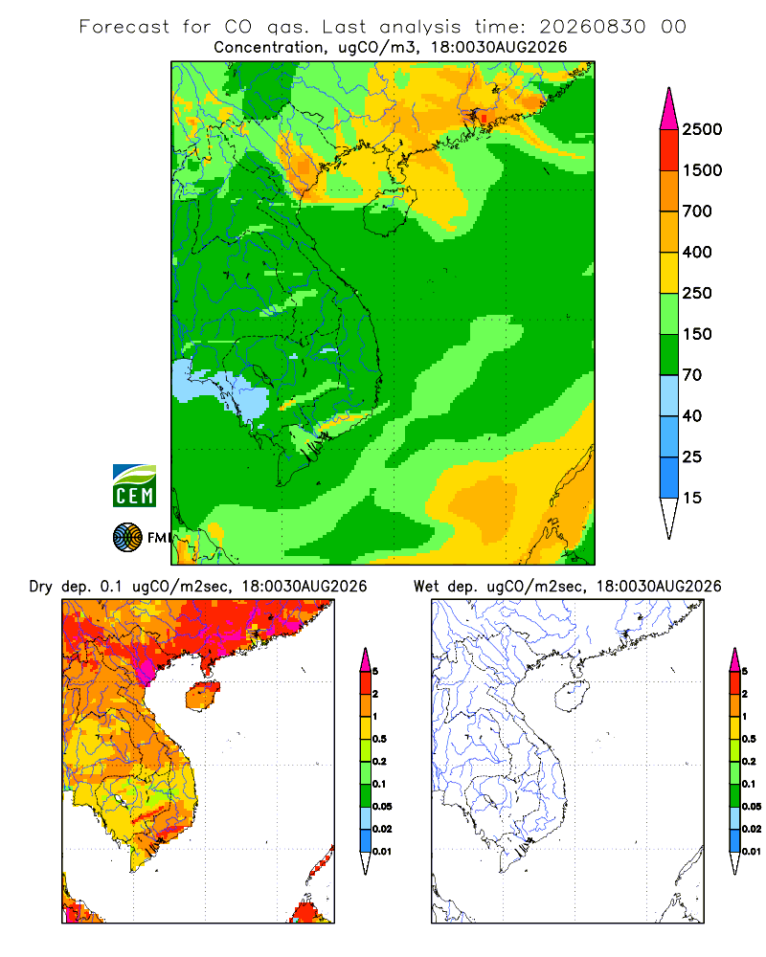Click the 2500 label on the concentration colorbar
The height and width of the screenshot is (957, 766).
702,129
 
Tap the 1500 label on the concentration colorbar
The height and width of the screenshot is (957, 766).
702,170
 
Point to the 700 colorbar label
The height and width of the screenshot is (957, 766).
697,211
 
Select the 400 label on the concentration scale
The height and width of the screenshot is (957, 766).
697,252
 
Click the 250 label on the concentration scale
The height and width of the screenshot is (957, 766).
697,293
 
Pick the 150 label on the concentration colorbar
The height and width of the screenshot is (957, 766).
697,334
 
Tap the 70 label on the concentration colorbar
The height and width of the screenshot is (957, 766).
692,375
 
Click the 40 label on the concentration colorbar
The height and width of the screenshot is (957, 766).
692,415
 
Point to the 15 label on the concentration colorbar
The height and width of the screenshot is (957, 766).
692,498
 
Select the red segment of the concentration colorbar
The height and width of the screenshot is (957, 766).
669,150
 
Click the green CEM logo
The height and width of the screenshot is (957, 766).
134,486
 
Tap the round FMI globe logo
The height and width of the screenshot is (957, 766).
127,538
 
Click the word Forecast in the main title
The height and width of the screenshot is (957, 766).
124,27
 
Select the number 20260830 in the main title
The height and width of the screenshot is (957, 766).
592,27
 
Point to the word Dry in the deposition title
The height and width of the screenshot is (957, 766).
41,587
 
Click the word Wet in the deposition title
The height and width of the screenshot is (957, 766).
426,587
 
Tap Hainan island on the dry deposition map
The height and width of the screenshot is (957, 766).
203,697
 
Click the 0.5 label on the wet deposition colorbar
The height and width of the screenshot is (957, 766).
749,739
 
